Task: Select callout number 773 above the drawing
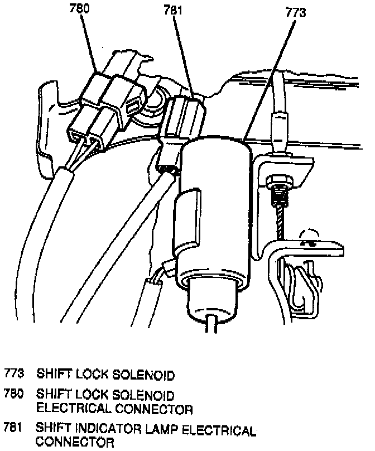click(x=295, y=12)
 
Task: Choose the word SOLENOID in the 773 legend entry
click(x=146, y=374)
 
